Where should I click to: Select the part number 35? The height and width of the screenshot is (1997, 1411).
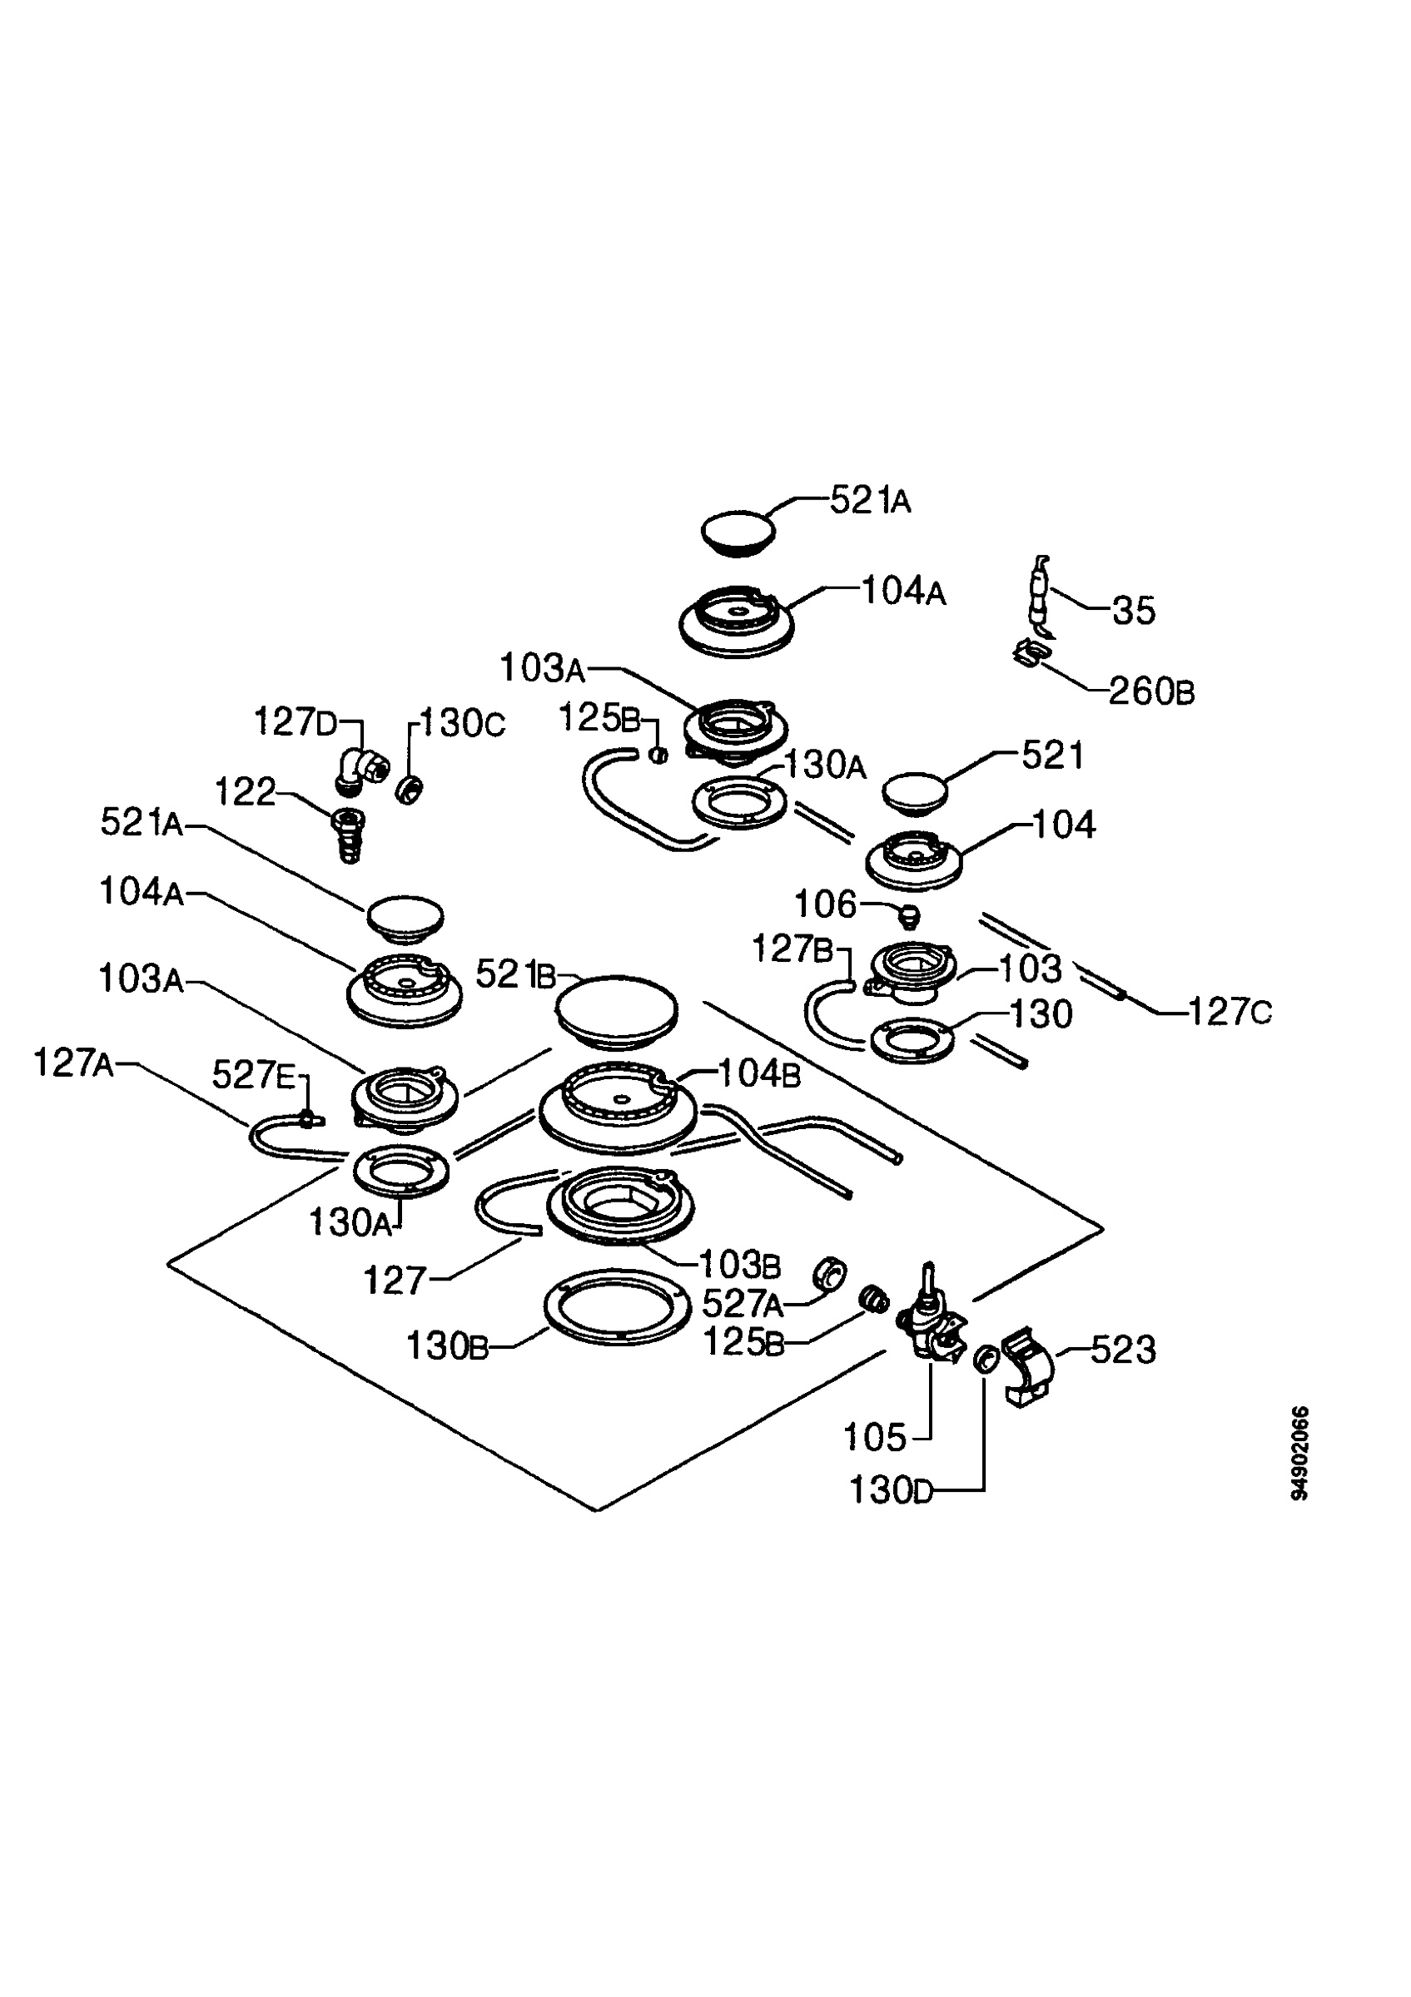(1134, 611)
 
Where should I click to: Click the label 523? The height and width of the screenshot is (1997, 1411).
(1123, 1350)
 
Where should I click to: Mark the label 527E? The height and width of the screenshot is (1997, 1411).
(254, 1076)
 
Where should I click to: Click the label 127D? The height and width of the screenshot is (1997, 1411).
(295, 721)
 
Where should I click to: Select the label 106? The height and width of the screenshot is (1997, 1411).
(826, 904)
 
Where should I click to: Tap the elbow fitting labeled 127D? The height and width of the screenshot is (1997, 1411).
(360, 771)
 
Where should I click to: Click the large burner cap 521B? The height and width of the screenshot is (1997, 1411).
(617, 1012)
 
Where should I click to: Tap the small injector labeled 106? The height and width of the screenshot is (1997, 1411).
(909, 915)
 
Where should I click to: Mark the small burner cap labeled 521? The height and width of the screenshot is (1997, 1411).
(914, 793)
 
